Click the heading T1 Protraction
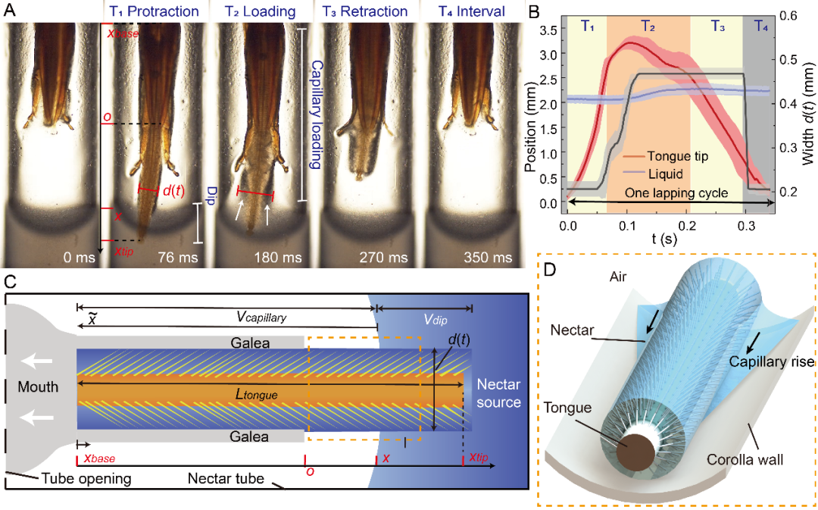[x=151, y=11]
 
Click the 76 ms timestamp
[x=178, y=258]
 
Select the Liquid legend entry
[x=665, y=174]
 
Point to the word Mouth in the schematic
[x=38, y=386]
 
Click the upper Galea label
[x=250, y=343]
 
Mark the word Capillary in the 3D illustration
[x=758, y=361]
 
